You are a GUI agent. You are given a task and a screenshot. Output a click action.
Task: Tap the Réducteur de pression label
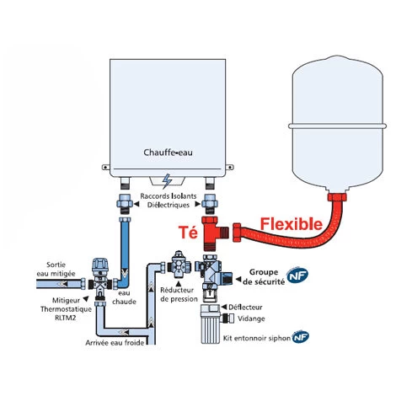click(178, 294)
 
